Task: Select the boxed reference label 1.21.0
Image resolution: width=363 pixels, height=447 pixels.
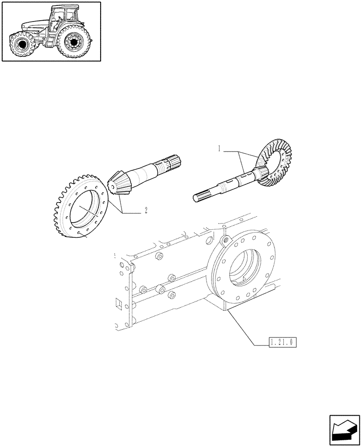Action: click(x=283, y=342)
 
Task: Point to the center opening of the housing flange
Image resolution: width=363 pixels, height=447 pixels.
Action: click(x=244, y=268)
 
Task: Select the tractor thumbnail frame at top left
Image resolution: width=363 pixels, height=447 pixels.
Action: click(x=51, y=31)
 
